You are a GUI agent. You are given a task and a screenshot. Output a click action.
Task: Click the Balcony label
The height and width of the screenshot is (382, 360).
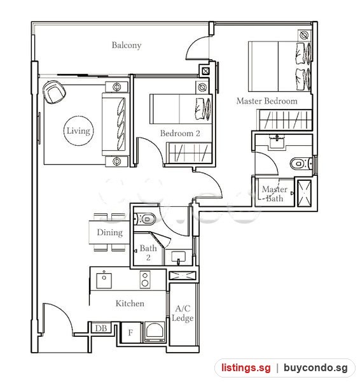[127, 45]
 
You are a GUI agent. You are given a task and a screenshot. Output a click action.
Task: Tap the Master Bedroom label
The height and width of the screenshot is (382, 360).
[267, 101]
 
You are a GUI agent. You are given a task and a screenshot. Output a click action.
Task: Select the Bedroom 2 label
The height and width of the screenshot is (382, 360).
[180, 133]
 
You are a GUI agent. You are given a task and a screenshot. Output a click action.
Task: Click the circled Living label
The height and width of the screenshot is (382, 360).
[78, 131]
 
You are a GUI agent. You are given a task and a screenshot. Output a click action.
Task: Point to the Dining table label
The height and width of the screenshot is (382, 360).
[109, 232]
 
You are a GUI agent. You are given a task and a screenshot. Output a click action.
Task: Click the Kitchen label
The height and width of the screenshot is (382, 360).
[130, 303]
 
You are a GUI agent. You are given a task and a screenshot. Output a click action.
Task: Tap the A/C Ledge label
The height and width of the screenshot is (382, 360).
[183, 313]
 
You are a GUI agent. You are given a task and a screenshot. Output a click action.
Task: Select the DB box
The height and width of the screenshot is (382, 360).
[101, 328]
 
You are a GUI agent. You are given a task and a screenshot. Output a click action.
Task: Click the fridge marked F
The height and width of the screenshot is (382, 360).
[131, 332]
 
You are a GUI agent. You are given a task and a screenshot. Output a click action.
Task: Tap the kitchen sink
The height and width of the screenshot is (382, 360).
[104, 280]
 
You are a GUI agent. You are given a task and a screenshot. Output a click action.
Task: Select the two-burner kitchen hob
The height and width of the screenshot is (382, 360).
[145, 279]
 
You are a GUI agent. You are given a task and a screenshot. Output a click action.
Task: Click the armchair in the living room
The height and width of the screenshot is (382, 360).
[54, 92]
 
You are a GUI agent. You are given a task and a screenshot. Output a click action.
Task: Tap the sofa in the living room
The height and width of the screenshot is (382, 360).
[114, 125]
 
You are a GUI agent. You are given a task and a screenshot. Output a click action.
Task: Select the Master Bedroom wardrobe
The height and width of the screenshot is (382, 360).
[285, 120]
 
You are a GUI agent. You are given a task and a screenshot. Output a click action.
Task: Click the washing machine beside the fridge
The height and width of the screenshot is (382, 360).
[155, 332]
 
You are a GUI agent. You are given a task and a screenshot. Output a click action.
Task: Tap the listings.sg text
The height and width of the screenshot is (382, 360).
[246, 367]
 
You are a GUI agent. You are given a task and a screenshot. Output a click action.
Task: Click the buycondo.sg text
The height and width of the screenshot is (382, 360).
[315, 367]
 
